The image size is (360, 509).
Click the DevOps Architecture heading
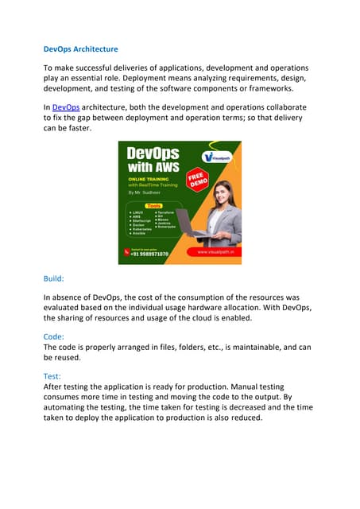click(x=80, y=49)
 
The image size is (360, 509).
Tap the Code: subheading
click(x=55, y=336)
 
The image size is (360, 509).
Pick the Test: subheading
click(x=53, y=376)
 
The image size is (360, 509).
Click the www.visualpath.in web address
click(x=213, y=252)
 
